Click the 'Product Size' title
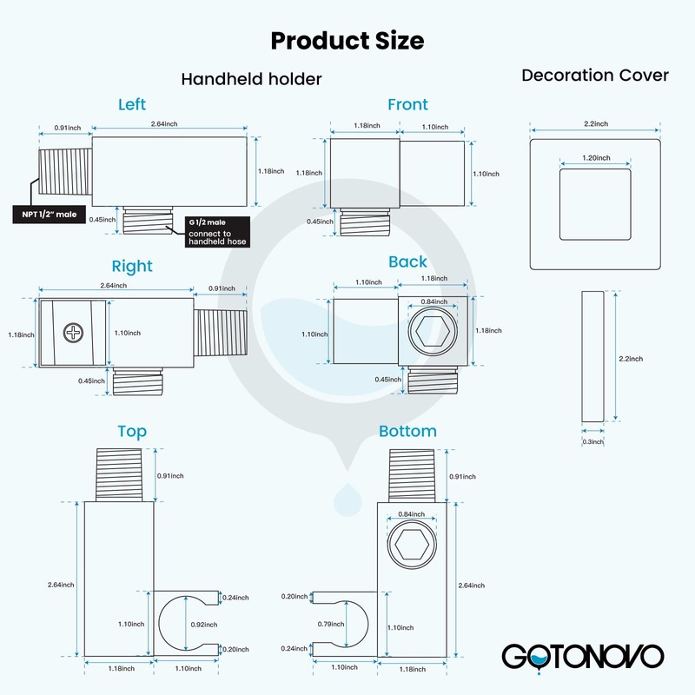[x=347, y=41]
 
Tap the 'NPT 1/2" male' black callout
[x=50, y=215]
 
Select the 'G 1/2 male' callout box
[x=217, y=232]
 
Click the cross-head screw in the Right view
[x=73, y=333]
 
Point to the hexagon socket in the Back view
[x=432, y=331]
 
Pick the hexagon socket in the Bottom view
[x=411, y=544]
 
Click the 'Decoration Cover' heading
[x=595, y=76]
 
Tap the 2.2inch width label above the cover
[x=596, y=123]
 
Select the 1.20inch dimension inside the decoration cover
[x=596, y=158]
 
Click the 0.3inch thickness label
[x=593, y=441]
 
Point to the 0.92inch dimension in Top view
[x=204, y=625]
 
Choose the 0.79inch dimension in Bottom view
[x=331, y=624]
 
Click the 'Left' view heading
[x=132, y=104]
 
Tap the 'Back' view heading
[x=407, y=261]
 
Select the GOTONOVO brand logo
[x=583, y=657]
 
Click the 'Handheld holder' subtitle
[x=251, y=79]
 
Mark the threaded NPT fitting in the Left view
[x=66, y=172]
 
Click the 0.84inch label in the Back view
[x=434, y=301]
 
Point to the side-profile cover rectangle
[x=592, y=356]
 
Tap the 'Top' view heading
[x=132, y=431]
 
